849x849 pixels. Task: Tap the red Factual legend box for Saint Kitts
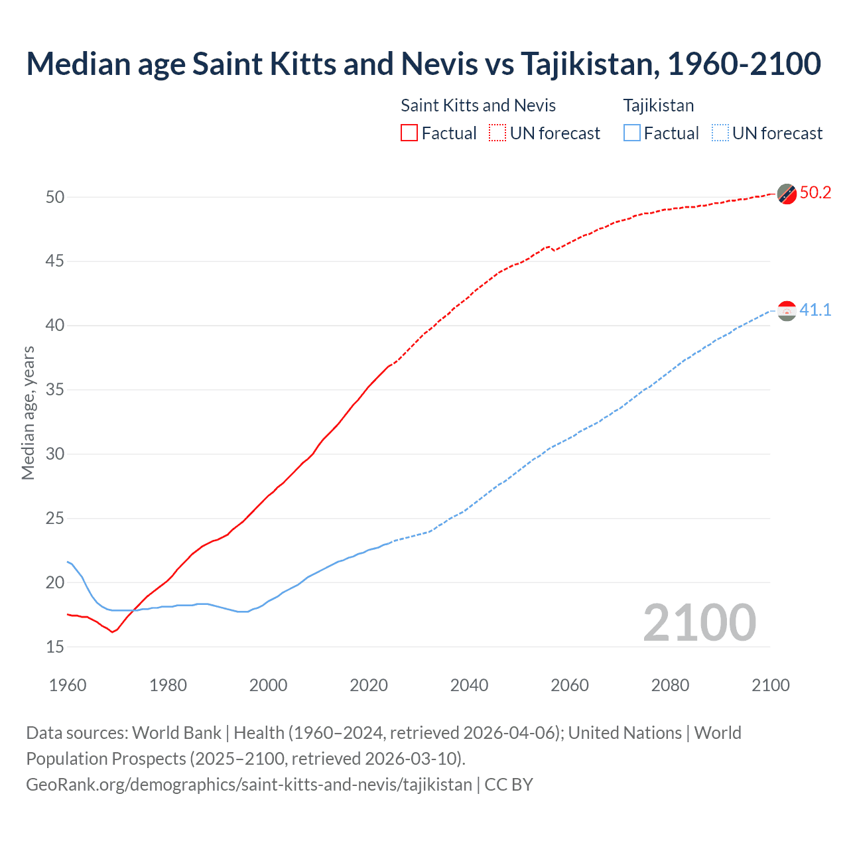[409, 133]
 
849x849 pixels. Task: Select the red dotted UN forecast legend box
[497, 133]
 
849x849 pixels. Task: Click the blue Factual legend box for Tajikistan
[632, 133]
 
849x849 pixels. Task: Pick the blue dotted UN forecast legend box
[720, 133]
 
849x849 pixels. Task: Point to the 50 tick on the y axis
[55, 197]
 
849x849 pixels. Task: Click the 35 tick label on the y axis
[55, 389]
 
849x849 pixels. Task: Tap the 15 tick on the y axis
[55, 646]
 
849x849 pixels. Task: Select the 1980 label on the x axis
[168, 685]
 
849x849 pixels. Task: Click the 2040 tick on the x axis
[469, 685]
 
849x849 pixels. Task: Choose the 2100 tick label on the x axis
[770, 685]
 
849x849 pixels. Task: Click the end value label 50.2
[815, 192]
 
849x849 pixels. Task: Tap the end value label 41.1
[815, 310]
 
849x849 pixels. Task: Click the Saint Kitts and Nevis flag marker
[787, 194]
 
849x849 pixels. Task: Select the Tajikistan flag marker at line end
[787, 310]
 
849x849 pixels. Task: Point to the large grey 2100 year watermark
[699, 622]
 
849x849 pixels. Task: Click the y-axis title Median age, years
[28, 413]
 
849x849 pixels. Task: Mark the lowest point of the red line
[112, 631]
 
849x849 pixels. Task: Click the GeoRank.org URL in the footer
[249, 784]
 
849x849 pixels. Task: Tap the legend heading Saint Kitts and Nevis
[478, 105]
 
